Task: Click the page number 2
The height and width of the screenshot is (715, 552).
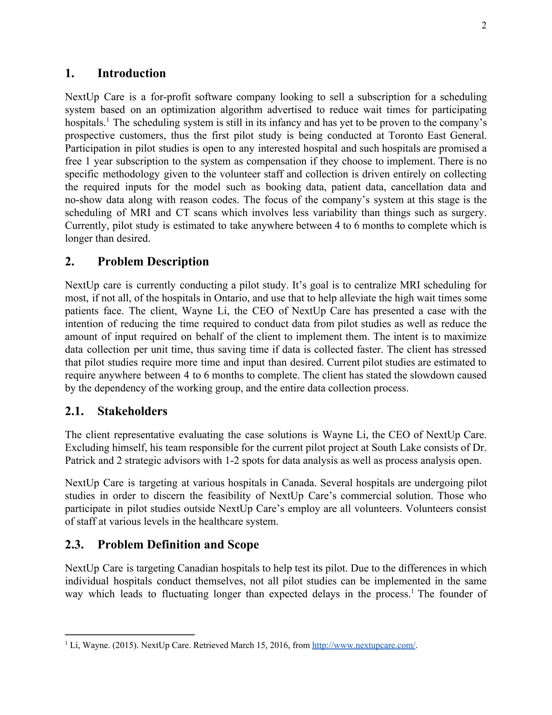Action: pyautogui.click(x=484, y=26)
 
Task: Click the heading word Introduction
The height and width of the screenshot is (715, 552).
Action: pyautogui.click(x=132, y=73)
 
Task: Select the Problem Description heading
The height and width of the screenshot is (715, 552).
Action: pyautogui.click(x=153, y=261)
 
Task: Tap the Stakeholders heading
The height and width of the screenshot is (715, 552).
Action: pyautogui.click(x=132, y=411)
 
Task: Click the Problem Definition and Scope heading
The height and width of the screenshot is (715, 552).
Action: pyautogui.click(x=178, y=544)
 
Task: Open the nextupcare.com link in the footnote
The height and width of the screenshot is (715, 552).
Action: pyautogui.click(x=363, y=645)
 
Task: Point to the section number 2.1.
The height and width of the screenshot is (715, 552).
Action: pyautogui.click(x=74, y=411)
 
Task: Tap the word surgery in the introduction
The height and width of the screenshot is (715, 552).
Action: pyautogui.click(x=469, y=213)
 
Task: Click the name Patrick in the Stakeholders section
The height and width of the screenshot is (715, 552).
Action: pyautogui.click(x=80, y=461)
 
